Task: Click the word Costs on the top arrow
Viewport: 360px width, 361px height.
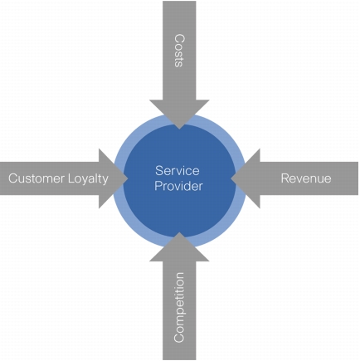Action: click(x=179, y=51)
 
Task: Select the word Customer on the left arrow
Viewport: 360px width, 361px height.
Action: click(x=36, y=178)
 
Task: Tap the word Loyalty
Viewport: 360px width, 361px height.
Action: click(x=88, y=179)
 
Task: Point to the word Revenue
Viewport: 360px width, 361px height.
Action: click(x=306, y=178)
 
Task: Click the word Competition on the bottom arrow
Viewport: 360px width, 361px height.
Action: click(x=179, y=308)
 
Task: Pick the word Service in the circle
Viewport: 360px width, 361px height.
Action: click(x=178, y=171)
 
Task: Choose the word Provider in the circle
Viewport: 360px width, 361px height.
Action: click(x=178, y=186)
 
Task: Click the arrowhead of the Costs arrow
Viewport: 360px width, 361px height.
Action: click(x=179, y=115)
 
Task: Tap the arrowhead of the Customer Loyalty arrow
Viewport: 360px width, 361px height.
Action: click(x=114, y=178)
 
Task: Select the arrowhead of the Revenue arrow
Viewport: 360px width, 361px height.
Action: click(x=246, y=178)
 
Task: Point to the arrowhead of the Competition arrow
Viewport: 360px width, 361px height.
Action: click(x=179, y=246)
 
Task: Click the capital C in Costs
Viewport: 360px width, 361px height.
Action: click(x=179, y=38)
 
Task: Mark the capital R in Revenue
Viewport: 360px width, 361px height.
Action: click(x=285, y=178)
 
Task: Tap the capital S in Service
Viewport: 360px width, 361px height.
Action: click(x=159, y=171)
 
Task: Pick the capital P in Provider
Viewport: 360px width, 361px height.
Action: click(x=158, y=186)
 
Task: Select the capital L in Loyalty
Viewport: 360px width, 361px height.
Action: click(x=71, y=178)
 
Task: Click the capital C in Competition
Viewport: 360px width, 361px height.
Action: click(x=179, y=338)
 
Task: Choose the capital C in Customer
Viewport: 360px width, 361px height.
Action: click(x=13, y=178)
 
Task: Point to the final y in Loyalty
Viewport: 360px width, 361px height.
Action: click(x=105, y=181)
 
